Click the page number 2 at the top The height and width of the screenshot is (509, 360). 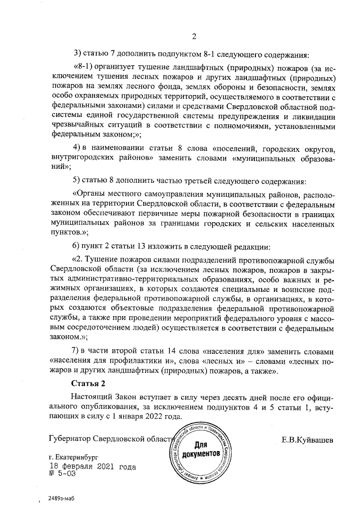pyautogui.click(x=193, y=37)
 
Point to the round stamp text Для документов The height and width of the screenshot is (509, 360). pyautogui.click(x=200, y=449)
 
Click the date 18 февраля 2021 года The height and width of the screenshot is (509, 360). pyautogui.click(x=92, y=467)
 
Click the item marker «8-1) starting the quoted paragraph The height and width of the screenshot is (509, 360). pyautogui.click(x=85, y=65)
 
